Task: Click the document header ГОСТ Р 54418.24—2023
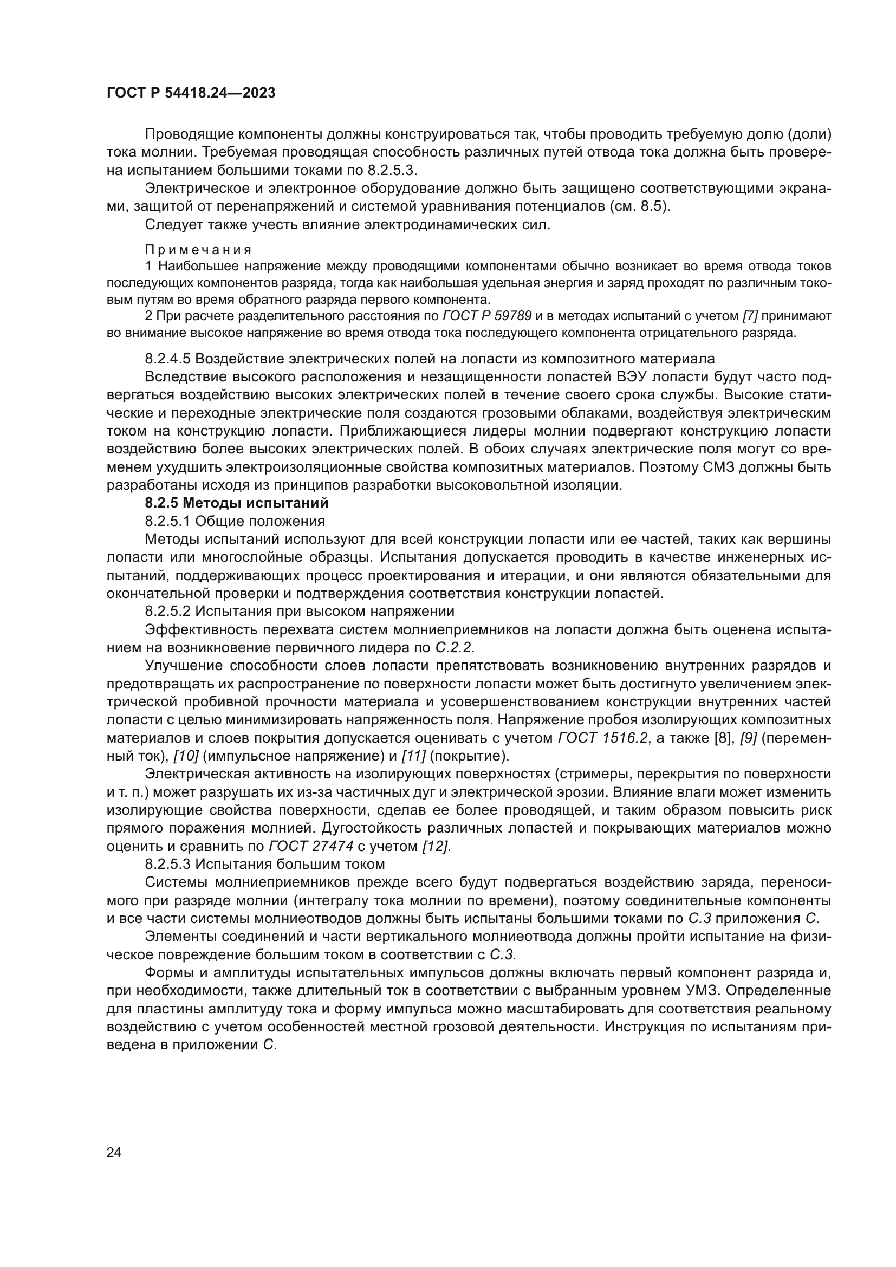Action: (x=190, y=93)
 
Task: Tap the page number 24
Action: (x=114, y=1152)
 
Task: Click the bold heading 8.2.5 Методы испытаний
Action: (x=236, y=503)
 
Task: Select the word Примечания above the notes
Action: (x=199, y=249)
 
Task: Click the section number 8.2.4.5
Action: (x=168, y=359)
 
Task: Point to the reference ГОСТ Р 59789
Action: (x=487, y=316)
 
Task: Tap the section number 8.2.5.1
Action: (x=168, y=521)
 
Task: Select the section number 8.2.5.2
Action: (x=168, y=611)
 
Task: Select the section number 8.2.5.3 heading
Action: (x=168, y=863)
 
